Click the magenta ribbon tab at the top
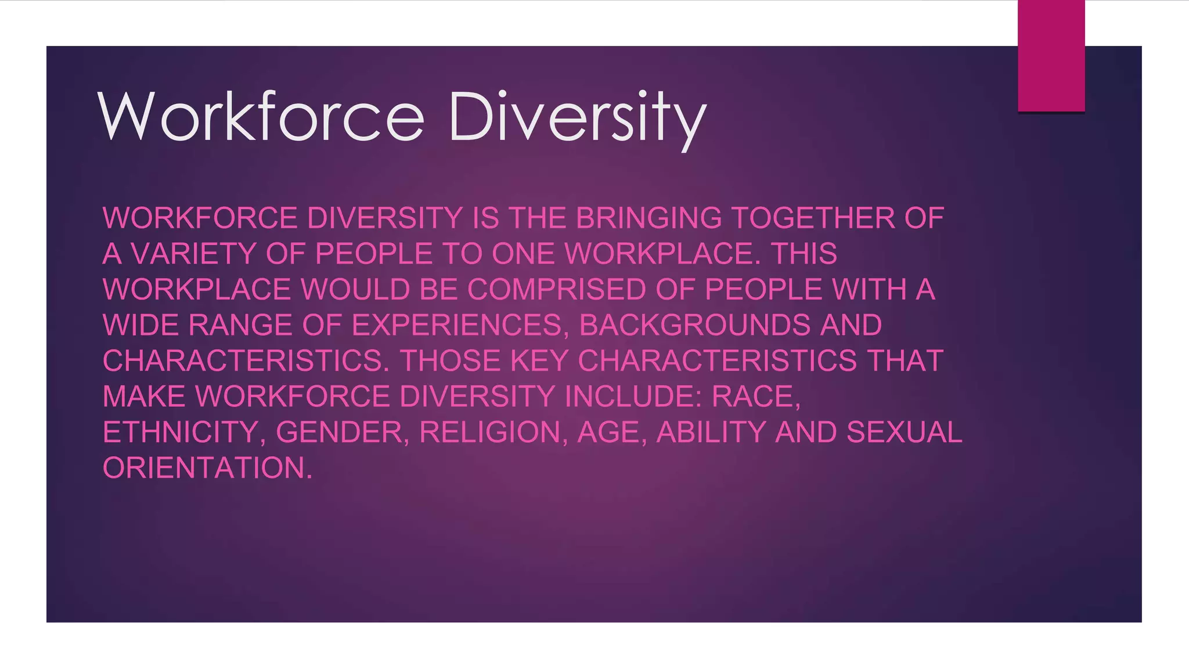(1051, 56)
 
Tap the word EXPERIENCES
(456, 325)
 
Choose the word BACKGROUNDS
(694, 325)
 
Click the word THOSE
(450, 361)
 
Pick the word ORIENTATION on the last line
(207, 468)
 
